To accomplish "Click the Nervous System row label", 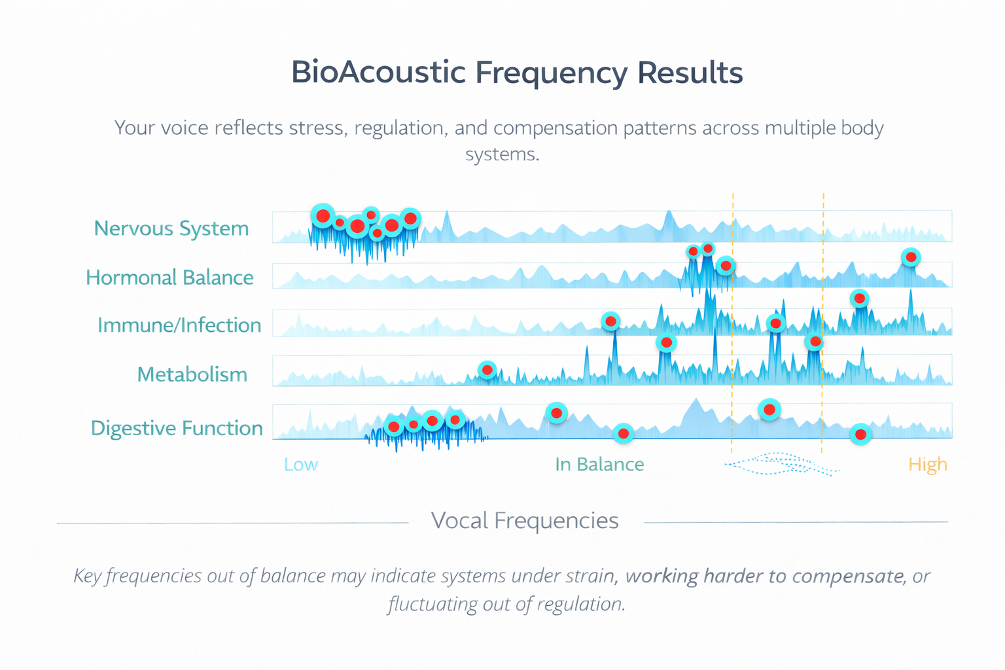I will [x=171, y=228].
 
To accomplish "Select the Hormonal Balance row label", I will [x=169, y=277].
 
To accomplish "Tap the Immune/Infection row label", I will [x=179, y=325].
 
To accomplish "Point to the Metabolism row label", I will [x=192, y=374].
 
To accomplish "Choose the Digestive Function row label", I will [x=177, y=428].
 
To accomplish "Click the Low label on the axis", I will [x=300, y=465].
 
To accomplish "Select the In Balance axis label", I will [x=599, y=465].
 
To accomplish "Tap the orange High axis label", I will [x=927, y=465].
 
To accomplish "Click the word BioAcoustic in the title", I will [x=378, y=72].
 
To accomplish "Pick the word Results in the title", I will [x=690, y=72].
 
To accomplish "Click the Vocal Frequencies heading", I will [x=525, y=521].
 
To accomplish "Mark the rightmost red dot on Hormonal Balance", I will [x=911, y=257].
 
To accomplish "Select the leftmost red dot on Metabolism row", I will [x=487, y=370].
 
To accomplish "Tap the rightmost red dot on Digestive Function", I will [x=861, y=434].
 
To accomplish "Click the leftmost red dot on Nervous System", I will [x=323, y=216].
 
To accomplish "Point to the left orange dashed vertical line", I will [x=732, y=327].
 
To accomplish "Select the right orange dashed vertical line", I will [x=822, y=327].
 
